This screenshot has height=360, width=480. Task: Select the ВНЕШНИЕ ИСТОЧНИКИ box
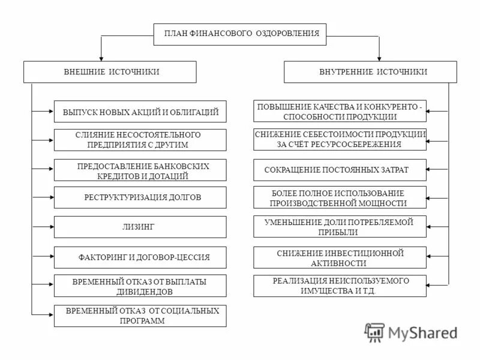point(110,71)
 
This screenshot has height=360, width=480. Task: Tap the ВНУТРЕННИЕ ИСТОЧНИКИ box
point(373,71)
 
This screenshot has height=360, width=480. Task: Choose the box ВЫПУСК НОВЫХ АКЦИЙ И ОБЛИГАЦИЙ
point(140,112)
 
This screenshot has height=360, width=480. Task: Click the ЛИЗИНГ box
point(140,227)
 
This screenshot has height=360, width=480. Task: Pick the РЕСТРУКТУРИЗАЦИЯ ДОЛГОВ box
point(140,197)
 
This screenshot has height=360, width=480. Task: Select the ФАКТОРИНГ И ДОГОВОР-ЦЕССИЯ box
point(140,257)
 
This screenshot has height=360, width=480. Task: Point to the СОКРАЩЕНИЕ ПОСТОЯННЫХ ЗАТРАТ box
point(340,170)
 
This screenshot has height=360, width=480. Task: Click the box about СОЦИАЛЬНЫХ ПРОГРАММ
point(140,316)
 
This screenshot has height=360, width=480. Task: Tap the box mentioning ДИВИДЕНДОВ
point(140,286)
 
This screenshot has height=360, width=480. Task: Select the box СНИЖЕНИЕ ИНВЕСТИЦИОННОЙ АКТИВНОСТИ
point(340,257)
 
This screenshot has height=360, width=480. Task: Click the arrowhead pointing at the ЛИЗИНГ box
point(51,227)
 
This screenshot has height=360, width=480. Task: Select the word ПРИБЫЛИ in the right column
point(340,232)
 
